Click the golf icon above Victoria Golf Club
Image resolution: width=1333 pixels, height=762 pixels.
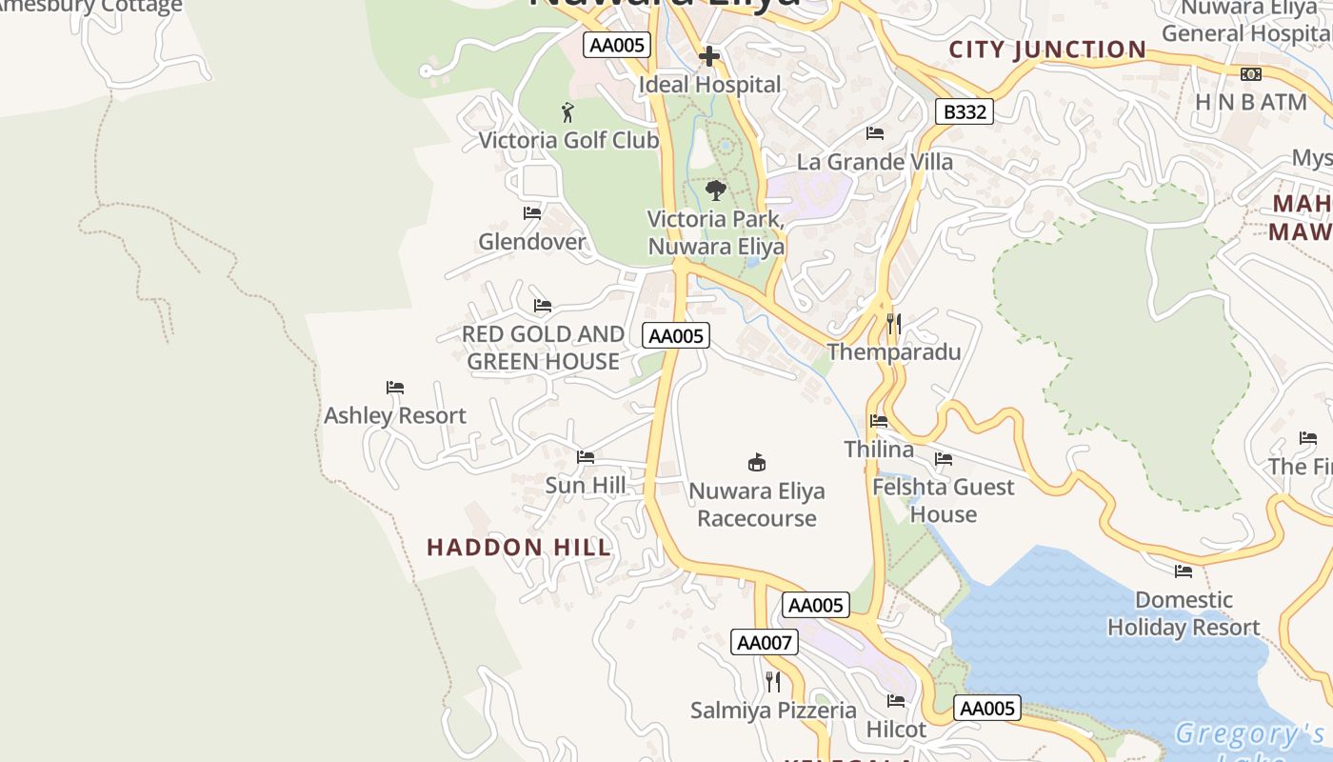(x=568, y=112)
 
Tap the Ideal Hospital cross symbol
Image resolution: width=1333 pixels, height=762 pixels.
(x=708, y=57)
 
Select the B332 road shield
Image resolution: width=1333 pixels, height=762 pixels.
(x=965, y=111)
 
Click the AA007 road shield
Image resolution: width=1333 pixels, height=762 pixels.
(x=765, y=642)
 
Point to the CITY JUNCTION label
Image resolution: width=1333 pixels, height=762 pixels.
(x=1047, y=50)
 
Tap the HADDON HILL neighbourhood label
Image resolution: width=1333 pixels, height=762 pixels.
(x=519, y=547)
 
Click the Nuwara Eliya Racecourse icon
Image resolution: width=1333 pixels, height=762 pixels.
(x=757, y=463)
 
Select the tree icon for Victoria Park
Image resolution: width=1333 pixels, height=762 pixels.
(x=716, y=190)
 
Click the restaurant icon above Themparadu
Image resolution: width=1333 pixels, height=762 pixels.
(x=893, y=324)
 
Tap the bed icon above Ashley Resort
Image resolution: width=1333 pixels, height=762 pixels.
(x=395, y=388)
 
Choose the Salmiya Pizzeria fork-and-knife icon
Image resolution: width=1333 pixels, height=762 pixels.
(x=773, y=682)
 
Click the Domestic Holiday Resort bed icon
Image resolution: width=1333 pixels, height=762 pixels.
(x=1184, y=571)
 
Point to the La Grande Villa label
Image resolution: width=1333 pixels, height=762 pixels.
(x=874, y=162)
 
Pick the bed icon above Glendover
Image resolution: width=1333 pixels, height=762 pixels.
(x=532, y=213)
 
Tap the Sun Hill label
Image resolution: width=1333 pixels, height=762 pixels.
(x=586, y=486)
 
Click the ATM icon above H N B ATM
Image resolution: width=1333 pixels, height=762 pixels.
(x=1250, y=74)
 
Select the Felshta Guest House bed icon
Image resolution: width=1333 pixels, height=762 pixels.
(x=944, y=459)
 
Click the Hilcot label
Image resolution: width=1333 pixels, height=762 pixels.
(x=896, y=730)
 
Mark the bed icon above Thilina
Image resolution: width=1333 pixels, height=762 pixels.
(x=879, y=421)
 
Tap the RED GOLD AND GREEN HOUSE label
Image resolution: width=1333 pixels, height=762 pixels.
(x=543, y=348)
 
